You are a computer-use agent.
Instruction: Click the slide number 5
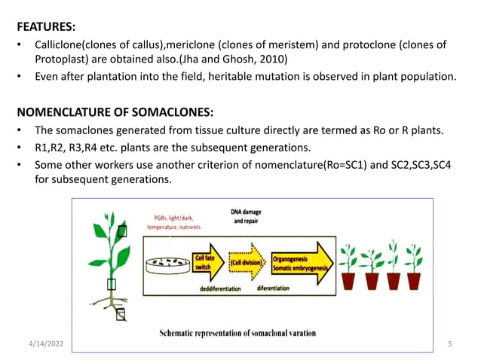(449, 344)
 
